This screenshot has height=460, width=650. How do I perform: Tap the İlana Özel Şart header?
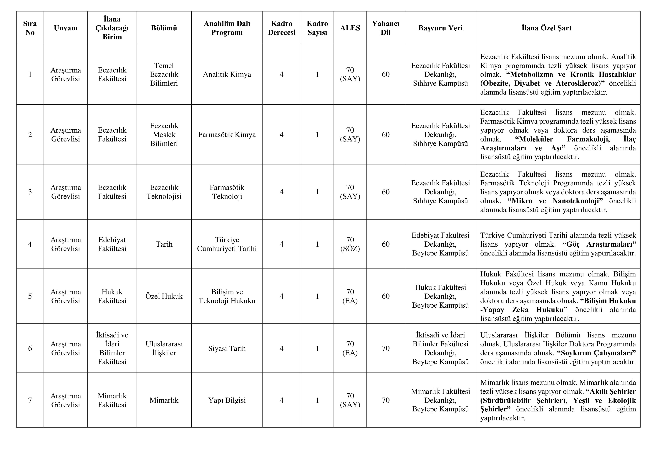[x=546, y=28]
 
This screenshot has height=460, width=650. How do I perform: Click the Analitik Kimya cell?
[x=227, y=74]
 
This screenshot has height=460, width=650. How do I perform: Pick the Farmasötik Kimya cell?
[x=227, y=135]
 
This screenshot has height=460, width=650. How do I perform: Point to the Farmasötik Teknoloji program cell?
[x=227, y=192]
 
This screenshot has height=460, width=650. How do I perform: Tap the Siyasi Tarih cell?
[x=227, y=348]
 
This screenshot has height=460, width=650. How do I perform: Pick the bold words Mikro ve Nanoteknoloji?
[x=555, y=201]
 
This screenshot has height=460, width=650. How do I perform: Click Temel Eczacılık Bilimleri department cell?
[x=164, y=74]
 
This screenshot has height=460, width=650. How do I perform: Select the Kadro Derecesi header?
[x=281, y=28]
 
